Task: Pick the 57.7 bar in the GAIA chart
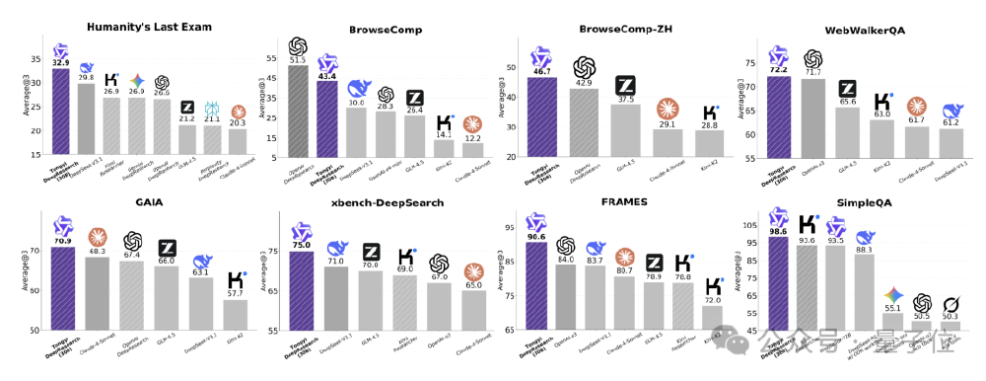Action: [237, 316]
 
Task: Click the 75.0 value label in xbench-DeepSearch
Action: [302, 245]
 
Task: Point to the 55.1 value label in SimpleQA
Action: [892, 309]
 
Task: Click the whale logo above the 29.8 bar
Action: [87, 66]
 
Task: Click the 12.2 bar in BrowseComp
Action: [474, 150]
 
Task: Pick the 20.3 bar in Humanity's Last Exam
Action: [238, 143]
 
